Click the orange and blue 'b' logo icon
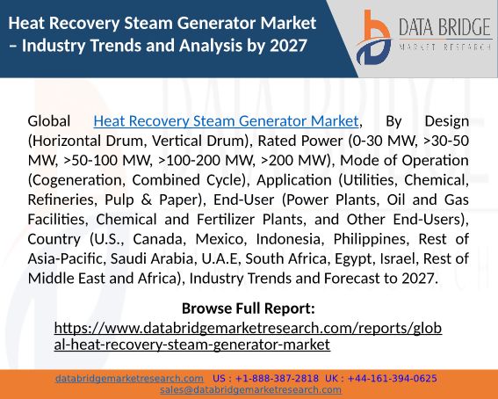click(x=373, y=38)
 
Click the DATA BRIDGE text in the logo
click(x=444, y=27)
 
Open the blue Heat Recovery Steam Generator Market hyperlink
click(x=226, y=121)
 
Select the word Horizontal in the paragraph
click(x=66, y=141)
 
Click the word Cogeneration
click(x=77, y=180)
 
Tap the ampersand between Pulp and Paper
click(x=146, y=199)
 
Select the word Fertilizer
click(x=226, y=220)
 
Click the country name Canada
click(x=158, y=239)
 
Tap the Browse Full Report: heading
click(x=248, y=308)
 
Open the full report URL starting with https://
click(x=248, y=336)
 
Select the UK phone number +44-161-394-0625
click(x=393, y=379)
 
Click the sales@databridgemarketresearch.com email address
click(x=250, y=390)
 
